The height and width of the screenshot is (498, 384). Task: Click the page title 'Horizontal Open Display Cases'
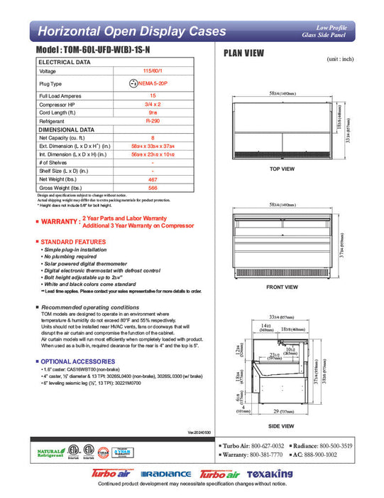[x=131, y=31]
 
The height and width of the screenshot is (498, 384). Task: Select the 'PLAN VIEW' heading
[x=245, y=53]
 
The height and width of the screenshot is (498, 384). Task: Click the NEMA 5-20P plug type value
[x=153, y=83]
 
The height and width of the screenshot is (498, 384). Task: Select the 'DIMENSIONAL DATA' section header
[x=66, y=130]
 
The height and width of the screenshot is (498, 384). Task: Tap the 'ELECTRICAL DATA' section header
[x=65, y=63]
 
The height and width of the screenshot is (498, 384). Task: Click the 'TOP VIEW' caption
[x=282, y=169]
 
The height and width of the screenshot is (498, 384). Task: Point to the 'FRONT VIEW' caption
[x=282, y=287]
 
